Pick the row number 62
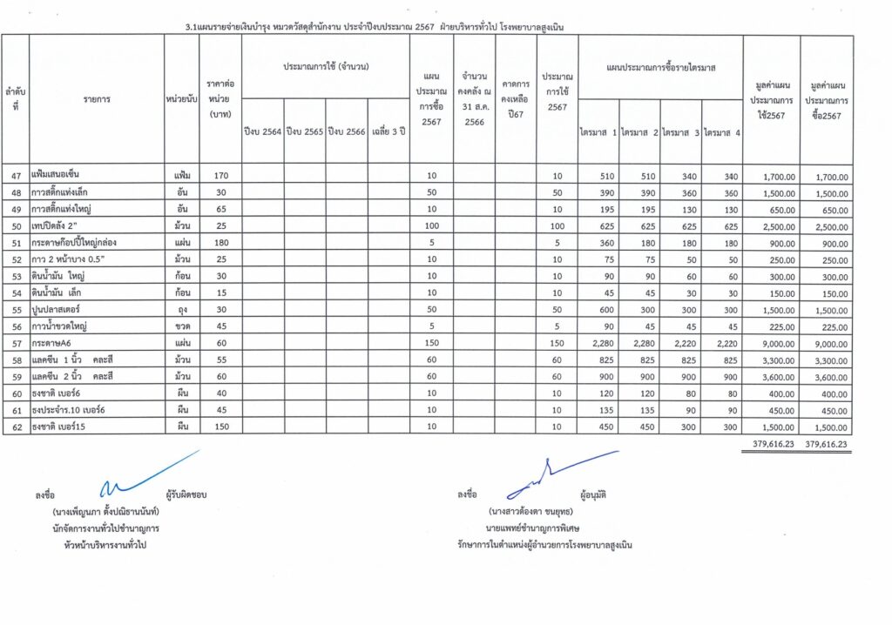pos(16,427)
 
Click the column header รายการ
pos(97,99)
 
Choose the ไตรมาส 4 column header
pos(722,132)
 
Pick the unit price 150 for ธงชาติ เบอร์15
pos(220,427)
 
